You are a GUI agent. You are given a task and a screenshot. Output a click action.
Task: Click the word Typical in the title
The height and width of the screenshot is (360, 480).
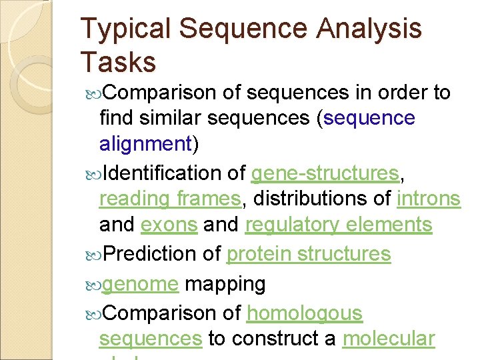[125, 30]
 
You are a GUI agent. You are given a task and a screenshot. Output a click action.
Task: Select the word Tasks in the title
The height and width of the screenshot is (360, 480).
[118, 62]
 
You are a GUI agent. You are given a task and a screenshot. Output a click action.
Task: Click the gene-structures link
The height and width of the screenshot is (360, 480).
[324, 174]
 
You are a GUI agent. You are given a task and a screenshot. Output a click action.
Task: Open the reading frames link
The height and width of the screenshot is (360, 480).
[169, 199]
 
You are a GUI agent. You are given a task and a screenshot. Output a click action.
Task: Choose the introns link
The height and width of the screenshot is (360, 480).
[428, 199]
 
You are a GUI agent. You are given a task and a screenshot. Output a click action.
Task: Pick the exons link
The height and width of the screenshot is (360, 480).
[169, 225]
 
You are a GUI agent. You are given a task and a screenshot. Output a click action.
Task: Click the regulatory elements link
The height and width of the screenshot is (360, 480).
[338, 225]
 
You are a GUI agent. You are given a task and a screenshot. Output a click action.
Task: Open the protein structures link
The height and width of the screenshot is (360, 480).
[308, 254]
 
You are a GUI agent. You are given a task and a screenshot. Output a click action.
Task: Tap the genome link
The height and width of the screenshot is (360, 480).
[141, 284]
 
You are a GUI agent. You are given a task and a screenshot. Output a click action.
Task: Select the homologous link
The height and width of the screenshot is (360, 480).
[304, 313]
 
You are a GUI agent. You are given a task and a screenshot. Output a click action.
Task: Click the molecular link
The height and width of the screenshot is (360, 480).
[388, 339]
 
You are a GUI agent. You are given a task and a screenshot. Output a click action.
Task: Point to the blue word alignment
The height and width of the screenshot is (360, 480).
[145, 144]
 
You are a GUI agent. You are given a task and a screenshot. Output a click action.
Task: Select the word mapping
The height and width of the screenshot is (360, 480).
[225, 284]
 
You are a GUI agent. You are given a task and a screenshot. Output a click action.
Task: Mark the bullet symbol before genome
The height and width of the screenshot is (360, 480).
[94, 285]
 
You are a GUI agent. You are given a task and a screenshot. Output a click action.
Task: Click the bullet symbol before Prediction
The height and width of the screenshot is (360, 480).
[94, 255]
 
